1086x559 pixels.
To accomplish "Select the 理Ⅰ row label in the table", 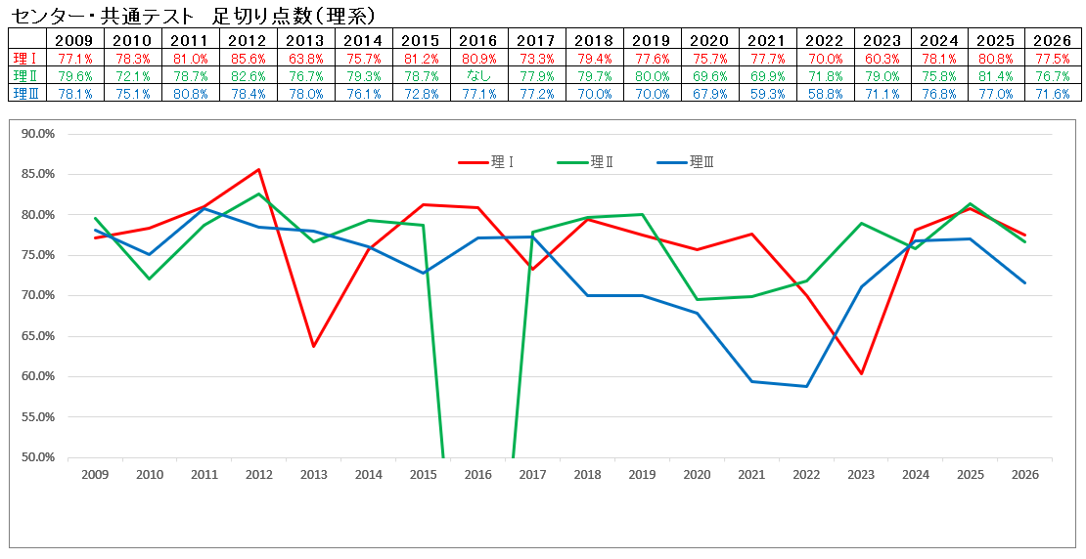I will (23, 59).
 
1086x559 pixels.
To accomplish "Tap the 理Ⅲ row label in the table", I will (23, 93).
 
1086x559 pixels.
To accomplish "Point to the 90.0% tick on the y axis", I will (37, 134).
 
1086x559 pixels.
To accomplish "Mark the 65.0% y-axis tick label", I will (37, 336).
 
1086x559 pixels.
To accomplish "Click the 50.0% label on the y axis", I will (37, 457).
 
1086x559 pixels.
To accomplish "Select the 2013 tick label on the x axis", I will (313, 475).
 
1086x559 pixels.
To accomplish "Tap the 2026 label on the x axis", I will (1025, 475).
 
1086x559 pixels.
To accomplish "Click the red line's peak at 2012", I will (259, 169).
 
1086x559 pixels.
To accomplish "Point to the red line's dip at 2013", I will (313, 346).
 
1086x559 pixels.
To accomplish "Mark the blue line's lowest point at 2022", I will (806, 386).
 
